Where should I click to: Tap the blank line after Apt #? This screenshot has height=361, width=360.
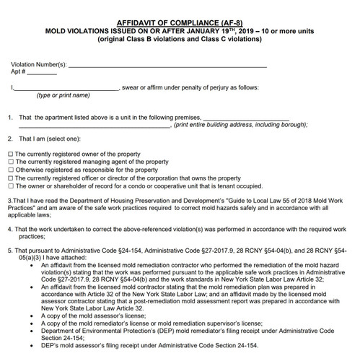pos(42,74)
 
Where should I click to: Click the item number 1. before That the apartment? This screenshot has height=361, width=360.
pos(9,118)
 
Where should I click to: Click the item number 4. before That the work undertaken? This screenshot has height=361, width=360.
pos(9,229)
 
